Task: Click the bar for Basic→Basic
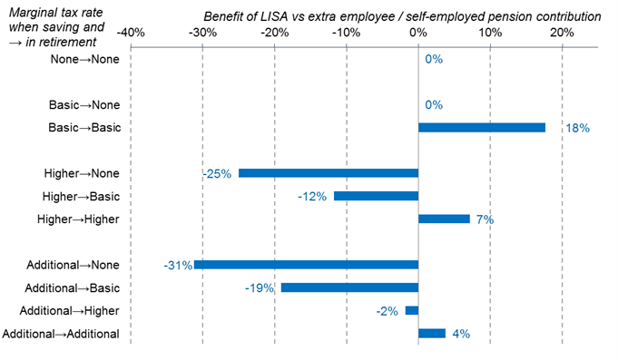pyautogui.click(x=482, y=128)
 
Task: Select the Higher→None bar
pyautogui.click(x=329, y=173)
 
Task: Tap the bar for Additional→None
pyautogui.click(x=307, y=265)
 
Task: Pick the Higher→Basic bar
pyautogui.click(x=376, y=196)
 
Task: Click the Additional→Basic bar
pyautogui.click(x=349, y=287)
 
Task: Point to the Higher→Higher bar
pyautogui.click(x=444, y=219)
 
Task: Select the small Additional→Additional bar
pyautogui.click(x=432, y=333)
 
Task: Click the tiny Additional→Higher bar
pyautogui.click(x=412, y=310)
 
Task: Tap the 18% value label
pyautogui.click(x=577, y=129)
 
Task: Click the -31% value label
pyautogui.click(x=178, y=266)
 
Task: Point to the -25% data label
pyautogui.click(x=218, y=173)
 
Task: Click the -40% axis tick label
pyautogui.click(x=131, y=33)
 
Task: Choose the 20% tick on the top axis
pyautogui.click(x=562, y=33)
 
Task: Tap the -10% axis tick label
pyautogui.click(x=346, y=33)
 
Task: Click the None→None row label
pyautogui.click(x=85, y=59)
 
